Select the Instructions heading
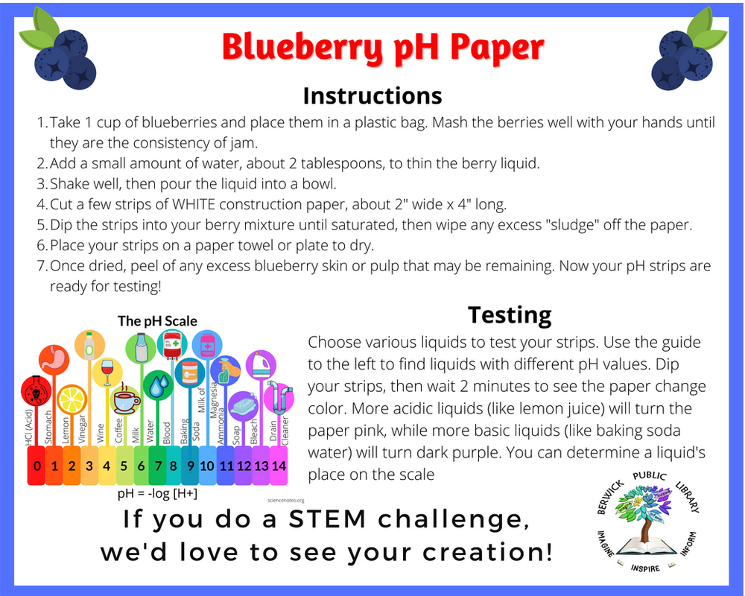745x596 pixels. [372, 96]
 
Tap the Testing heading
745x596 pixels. [510, 315]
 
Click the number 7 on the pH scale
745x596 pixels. [158, 466]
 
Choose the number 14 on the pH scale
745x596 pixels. [279, 466]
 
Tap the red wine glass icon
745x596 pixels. [107, 371]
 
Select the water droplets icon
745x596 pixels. [158, 385]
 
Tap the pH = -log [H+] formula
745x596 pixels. [157, 493]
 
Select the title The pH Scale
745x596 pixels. [157, 321]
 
